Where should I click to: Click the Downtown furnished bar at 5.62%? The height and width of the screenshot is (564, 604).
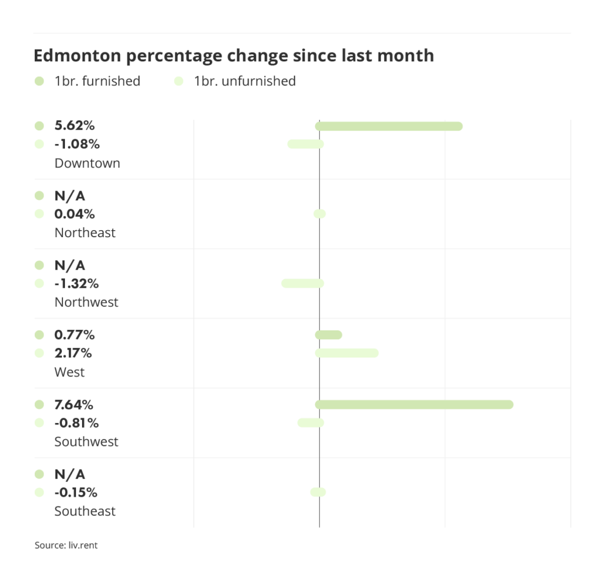pos(389,126)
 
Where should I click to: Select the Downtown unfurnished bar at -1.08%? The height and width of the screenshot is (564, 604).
pos(306,144)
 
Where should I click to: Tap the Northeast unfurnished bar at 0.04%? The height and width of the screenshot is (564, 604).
pos(320,214)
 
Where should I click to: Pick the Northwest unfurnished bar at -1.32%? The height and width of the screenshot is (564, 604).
pos(303,283)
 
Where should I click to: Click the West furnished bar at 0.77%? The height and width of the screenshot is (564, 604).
pos(329,335)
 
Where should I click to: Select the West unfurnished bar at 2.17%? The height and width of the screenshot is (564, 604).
pos(347,353)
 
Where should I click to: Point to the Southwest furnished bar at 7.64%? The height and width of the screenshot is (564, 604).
pos(414,405)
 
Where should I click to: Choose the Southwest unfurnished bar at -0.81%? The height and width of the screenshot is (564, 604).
pos(311,422)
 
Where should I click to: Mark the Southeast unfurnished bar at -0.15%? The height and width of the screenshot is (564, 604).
pos(318,492)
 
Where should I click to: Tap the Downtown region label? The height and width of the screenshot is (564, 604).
pos(87,163)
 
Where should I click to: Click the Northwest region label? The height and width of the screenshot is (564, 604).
pos(86,303)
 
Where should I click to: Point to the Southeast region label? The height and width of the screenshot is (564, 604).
pos(85,511)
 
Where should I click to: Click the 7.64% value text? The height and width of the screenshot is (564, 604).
pos(74,405)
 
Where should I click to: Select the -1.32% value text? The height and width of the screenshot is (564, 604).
pos(76,284)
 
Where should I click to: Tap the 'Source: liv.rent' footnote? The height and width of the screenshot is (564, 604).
pos(66,545)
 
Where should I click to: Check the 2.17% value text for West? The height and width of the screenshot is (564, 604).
pos(74,353)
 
